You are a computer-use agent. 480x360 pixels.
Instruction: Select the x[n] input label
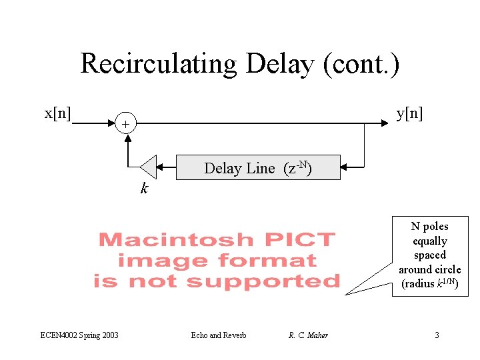59,113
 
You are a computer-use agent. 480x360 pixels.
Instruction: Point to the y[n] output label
409,113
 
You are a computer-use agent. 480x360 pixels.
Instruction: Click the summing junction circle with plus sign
125,124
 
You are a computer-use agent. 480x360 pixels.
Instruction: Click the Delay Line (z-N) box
257,167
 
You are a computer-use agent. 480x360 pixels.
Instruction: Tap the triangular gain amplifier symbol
148,167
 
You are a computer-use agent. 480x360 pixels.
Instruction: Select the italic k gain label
144,189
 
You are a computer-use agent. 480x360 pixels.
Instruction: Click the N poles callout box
430,255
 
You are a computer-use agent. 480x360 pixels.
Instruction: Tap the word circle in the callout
447,269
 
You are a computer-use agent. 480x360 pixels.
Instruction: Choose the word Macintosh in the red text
175,239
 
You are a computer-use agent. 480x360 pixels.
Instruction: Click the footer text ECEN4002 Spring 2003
79,335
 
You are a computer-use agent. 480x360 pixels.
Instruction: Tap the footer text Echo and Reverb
218,335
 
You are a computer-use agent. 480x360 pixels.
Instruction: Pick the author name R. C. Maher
308,335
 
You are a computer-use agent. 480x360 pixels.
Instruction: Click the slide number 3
437,335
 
